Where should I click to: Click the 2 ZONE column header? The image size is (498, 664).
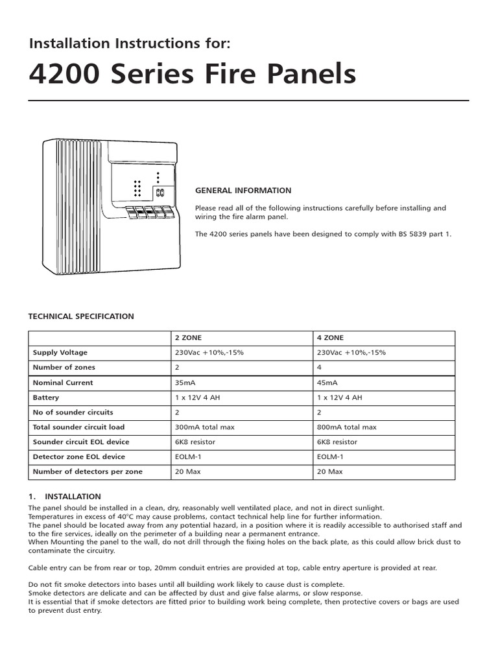[x=189, y=338]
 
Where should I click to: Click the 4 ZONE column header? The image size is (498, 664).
[x=331, y=338]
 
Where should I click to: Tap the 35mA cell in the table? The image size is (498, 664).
[x=185, y=383]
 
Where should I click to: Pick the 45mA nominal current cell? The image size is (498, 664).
[x=327, y=383]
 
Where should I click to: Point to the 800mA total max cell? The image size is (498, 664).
[x=347, y=427]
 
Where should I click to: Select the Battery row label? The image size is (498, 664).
[x=46, y=397]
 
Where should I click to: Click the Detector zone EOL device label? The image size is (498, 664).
[x=79, y=456]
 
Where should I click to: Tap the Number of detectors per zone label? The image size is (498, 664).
[x=88, y=471]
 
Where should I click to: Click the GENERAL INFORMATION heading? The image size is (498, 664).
[x=243, y=191]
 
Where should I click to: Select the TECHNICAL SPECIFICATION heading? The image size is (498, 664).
[x=81, y=316]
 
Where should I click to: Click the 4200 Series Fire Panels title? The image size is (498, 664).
[x=193, y=74]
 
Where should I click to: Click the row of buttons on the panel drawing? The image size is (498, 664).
[x=150, y=211]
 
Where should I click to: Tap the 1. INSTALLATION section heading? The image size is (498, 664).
[x=65, y=496]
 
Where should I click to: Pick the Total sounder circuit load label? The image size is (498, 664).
[x=78, y=427]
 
